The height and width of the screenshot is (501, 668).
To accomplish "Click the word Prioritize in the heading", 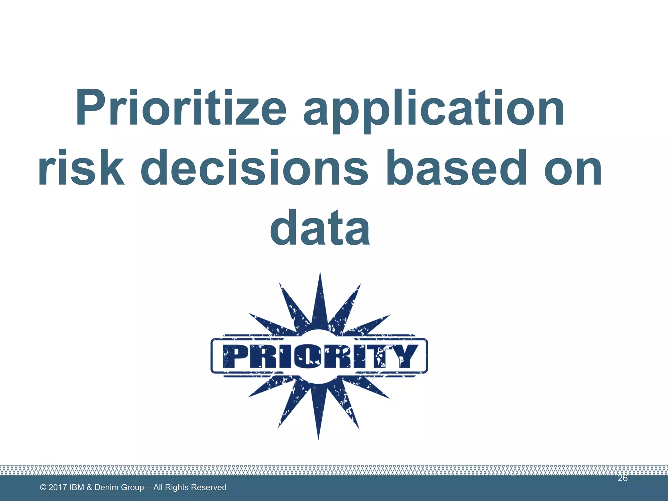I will point(181,108).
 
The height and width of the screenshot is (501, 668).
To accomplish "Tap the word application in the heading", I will point(434,109).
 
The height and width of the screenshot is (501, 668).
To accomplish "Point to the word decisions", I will point(254,168).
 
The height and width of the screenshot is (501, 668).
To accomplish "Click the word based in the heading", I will point(457,168).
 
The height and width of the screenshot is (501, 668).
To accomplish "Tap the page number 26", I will point(622,478).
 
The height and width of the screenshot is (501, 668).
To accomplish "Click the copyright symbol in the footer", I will point(43,487).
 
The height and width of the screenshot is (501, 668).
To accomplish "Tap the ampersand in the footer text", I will point(89,487).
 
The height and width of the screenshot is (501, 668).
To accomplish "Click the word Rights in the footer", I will point(177,487).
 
